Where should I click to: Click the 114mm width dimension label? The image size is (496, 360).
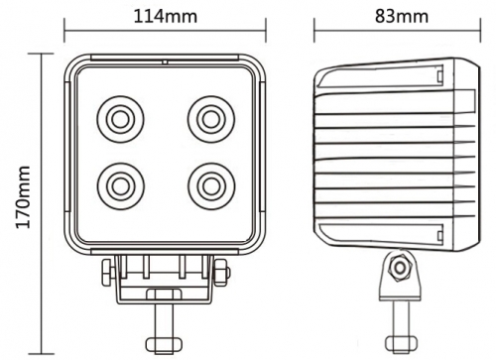click(164, 17)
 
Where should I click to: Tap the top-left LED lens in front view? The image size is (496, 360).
click(119, 119)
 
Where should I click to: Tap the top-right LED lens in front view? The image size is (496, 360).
click(209, 119)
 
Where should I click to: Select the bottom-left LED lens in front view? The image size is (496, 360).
click(119, 183)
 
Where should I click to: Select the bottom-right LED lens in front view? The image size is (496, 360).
click(209, 183)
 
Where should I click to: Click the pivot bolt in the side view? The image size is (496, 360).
click(401, 268)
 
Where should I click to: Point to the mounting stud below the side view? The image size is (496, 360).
click(401, 322)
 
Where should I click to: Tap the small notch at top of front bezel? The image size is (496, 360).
click(165, 60)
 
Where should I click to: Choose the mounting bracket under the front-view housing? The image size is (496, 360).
click(164, 278)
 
